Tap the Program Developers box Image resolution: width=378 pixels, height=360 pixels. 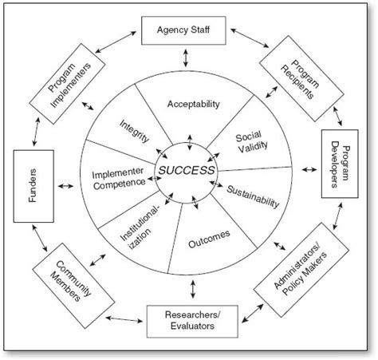tap(337, 164)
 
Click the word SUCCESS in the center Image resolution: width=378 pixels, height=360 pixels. tap(187, 171)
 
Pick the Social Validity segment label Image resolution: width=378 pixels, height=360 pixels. tap(250, 142)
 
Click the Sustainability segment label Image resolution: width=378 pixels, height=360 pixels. tap(253, 196)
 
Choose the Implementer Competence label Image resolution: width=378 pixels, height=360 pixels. tap(118, 176)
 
